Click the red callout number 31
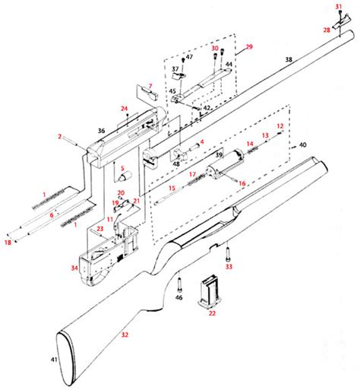click(x=339, y=7)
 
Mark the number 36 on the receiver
click(x=100, y=131)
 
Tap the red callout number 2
click(x=58, y=136)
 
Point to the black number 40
click(x=302, y=144)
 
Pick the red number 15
click(x=172, y=187)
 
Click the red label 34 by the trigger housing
click(x=74, y=268)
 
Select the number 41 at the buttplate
click(x=54, y=359)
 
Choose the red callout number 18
click(x=8, y=242)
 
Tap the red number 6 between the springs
click(x=51, y=215)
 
